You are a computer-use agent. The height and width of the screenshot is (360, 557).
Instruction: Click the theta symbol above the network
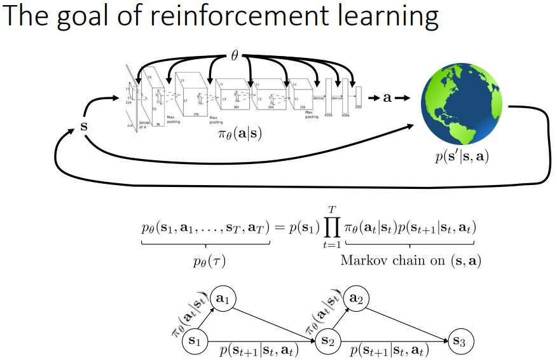pyautogui.click(x=234, y=56)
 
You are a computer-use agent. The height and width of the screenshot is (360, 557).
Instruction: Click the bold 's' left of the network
pyautogui.click(x=83, y=125)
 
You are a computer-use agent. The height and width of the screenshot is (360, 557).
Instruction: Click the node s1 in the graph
pyautogui.click(x=195, y=342)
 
